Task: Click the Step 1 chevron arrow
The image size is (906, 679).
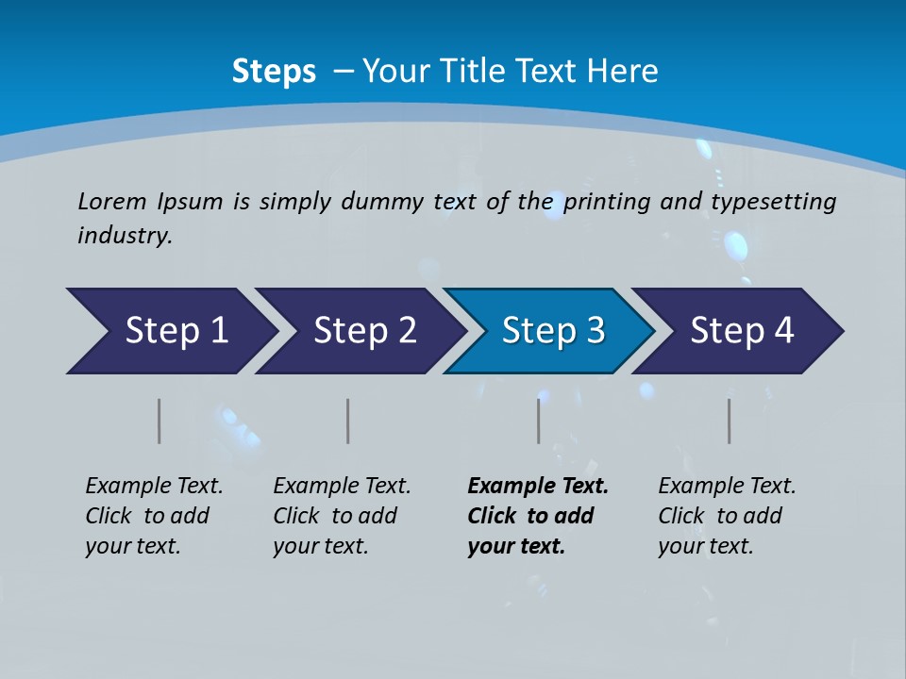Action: tap(175, 331)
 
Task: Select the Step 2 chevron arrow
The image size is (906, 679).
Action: tap(363, 331)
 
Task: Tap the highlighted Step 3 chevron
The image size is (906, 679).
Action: tap(552, 331)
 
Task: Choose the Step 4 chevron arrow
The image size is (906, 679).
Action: tap(741, 331)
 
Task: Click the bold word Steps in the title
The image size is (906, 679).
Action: tap(274, 72)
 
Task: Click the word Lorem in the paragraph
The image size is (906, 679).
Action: tap(112, 202)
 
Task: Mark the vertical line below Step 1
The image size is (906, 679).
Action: tap(159, 421)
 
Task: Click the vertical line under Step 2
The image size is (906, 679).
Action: tap(348, 421)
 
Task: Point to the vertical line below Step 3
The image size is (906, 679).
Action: tap(539, 421)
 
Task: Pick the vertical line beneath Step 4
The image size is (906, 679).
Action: tap(730, 421)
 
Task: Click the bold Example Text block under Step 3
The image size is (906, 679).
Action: tap(538, 516)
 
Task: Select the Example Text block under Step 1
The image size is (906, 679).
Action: tap(154, 516)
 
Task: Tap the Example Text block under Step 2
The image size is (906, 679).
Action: tap(342, 516)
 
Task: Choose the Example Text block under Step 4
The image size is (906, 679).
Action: tap(727, 516)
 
